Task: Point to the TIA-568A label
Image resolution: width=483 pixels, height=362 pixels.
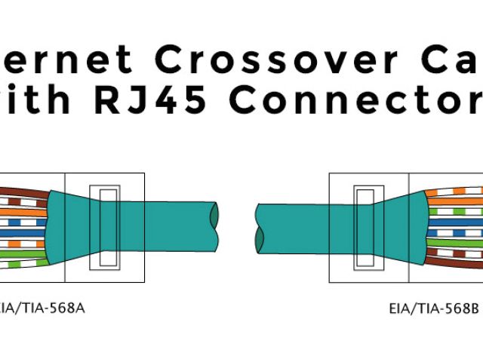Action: tap(42, 308)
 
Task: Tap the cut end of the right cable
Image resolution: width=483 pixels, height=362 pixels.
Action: tap(260, 228)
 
